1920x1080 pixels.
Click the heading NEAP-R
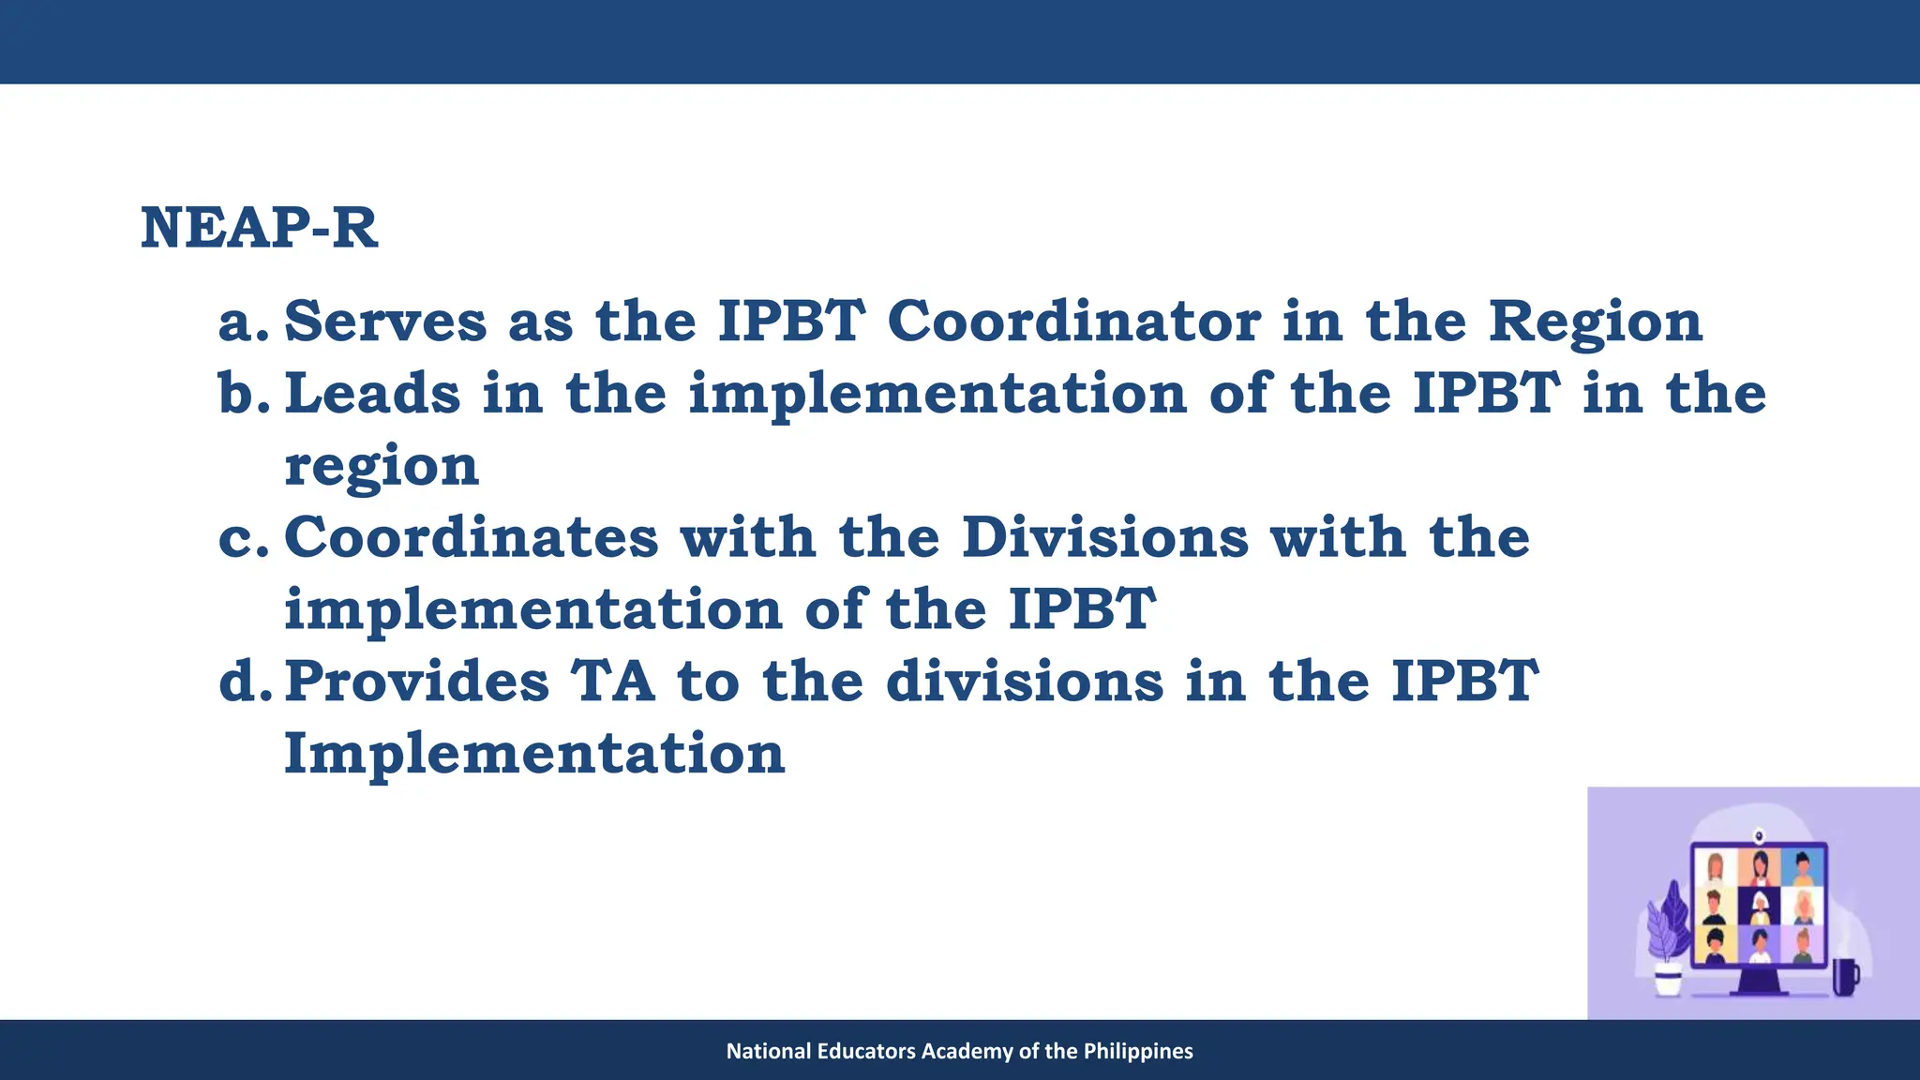pyautogui.click(x=259, y=228)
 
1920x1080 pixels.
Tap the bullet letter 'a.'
pyautogui.click(x=243, y=322)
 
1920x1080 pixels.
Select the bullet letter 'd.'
pyautogui.click(x=245, y=682)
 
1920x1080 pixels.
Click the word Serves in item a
pyautogui.click(x=385, y=322)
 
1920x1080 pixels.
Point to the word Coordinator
pyautogui.click(x=1073, y=322)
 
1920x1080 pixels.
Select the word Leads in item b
pyautogui.click(x=372, y=393)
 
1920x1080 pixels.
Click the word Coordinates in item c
pyautogui.click(x=472, y=537)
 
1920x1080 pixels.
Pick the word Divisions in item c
pyautogui.click(x=1105, y=537)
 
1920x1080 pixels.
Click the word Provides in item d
pyautogui.click(x=416, y=682)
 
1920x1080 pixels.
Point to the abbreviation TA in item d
pyautogui.click(x=613, y=682)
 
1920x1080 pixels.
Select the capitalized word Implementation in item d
pyautogui.click(x=534, y=754)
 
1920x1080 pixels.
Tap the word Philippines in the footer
pyautogui.click(x=1138, y=1051)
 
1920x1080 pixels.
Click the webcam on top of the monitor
pyautogui.click(x=1759, y=834)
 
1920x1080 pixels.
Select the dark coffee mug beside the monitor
pyautogui.click(x=1844, y=977)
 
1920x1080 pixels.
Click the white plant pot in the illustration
pyautogui.click(x=1668, y=982)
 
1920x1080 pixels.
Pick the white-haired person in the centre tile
pyautogui.click(x=1760, y=906)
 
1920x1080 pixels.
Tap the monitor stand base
pyautogui.click(x=1760, y=990)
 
